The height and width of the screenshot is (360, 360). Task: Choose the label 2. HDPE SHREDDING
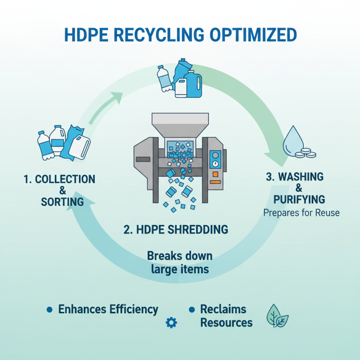(x=175, y=229)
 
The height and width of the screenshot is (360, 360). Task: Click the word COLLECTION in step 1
(x=59, y=180)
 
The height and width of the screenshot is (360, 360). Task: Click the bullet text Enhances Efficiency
(x=108, y=310)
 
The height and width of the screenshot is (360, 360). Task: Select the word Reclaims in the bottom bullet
(x=223, y=310)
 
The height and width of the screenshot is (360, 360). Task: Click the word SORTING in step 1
(x=62, y=202)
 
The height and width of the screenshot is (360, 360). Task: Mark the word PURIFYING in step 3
(x=299, y=199)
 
